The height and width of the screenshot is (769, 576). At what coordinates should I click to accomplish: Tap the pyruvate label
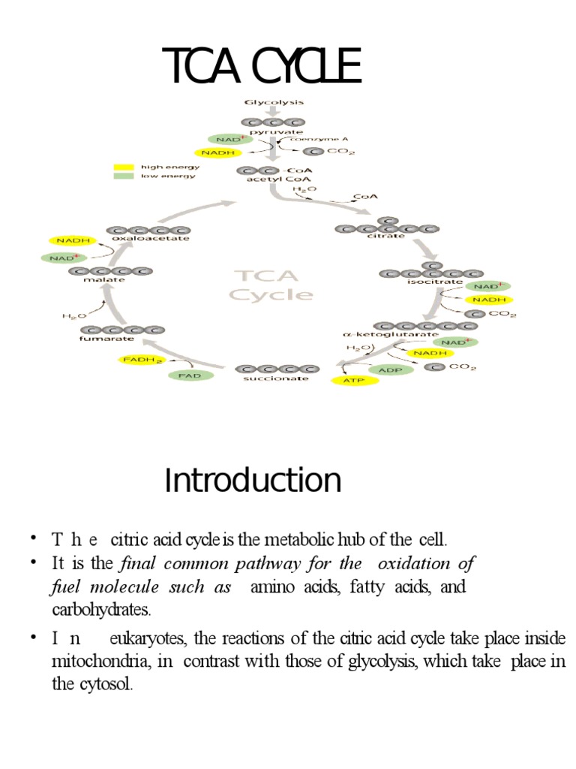pos(273,131)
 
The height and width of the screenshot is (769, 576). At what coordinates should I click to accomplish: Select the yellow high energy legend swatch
pos(123,167)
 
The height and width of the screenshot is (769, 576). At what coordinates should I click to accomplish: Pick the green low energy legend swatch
pos(123,176)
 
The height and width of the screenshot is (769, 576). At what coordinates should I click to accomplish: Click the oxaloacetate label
pos(148,239)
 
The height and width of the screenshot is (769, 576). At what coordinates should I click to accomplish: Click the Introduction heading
pos(253,481)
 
